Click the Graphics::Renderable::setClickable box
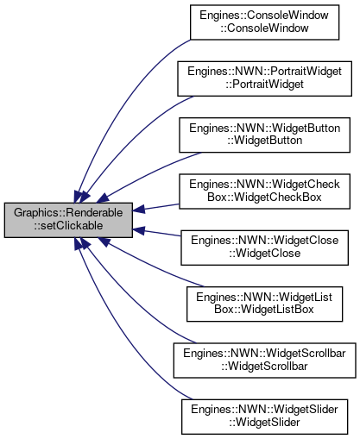coord(68,220)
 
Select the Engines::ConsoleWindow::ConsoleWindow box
coord(264,22)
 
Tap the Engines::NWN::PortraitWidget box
coord(264,78)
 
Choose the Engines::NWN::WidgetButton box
coord(264,135)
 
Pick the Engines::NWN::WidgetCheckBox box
coord(264,191)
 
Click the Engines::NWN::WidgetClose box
coord(264,248)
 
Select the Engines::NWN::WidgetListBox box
coord(264,304)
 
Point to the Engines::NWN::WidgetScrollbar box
coord(264,361)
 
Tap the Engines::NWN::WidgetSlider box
coord(264,417)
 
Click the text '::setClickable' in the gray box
coord(68,226)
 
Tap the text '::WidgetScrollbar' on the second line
coord(264,367)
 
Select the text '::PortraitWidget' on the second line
coord(264,85)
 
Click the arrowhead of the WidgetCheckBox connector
coord(138,210)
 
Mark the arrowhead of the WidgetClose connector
coord(138,230)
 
